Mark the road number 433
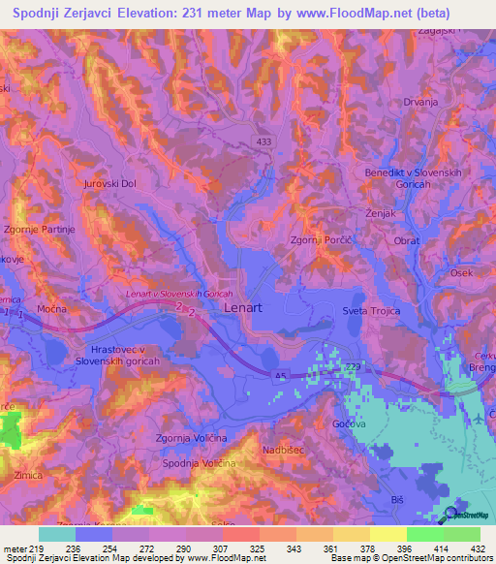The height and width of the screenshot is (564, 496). tap(264, 141)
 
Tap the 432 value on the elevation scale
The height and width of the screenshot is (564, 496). tap(476, 549)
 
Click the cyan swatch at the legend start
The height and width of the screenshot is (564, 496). tap(57, 534)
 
